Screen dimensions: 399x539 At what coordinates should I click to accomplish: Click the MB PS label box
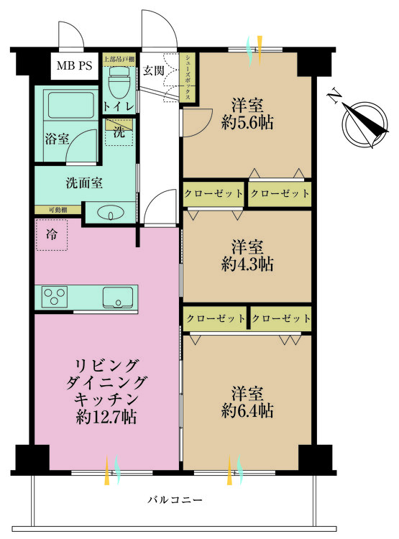coord(74,65)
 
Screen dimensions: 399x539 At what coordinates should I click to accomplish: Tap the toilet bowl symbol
coord(119,83)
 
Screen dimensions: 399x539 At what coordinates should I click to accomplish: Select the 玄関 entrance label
coord(153,71)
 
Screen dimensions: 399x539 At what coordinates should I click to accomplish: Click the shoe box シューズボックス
coord(188,78)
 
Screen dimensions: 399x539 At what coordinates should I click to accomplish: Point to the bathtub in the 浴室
coord(71,103)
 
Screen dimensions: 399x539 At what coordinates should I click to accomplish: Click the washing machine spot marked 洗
coord(119,132)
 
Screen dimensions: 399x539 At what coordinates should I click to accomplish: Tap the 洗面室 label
coord(84,183)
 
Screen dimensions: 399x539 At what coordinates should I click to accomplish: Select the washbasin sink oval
coord(111,213)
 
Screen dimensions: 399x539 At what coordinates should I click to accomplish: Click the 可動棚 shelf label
coord(58,210)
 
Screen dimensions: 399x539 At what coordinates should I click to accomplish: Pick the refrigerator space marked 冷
coord(52,235)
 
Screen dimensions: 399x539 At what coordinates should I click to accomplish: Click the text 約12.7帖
coord(106,418)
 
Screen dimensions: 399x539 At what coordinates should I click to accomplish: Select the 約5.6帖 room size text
coord(247,123)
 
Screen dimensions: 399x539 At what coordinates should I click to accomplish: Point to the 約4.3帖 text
coord(247,264)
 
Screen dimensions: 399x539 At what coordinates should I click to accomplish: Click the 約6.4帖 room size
coord(247,410)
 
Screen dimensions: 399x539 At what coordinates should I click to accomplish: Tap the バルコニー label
coord(175,499)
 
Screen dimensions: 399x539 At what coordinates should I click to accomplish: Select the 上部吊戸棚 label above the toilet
coord(119,59)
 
